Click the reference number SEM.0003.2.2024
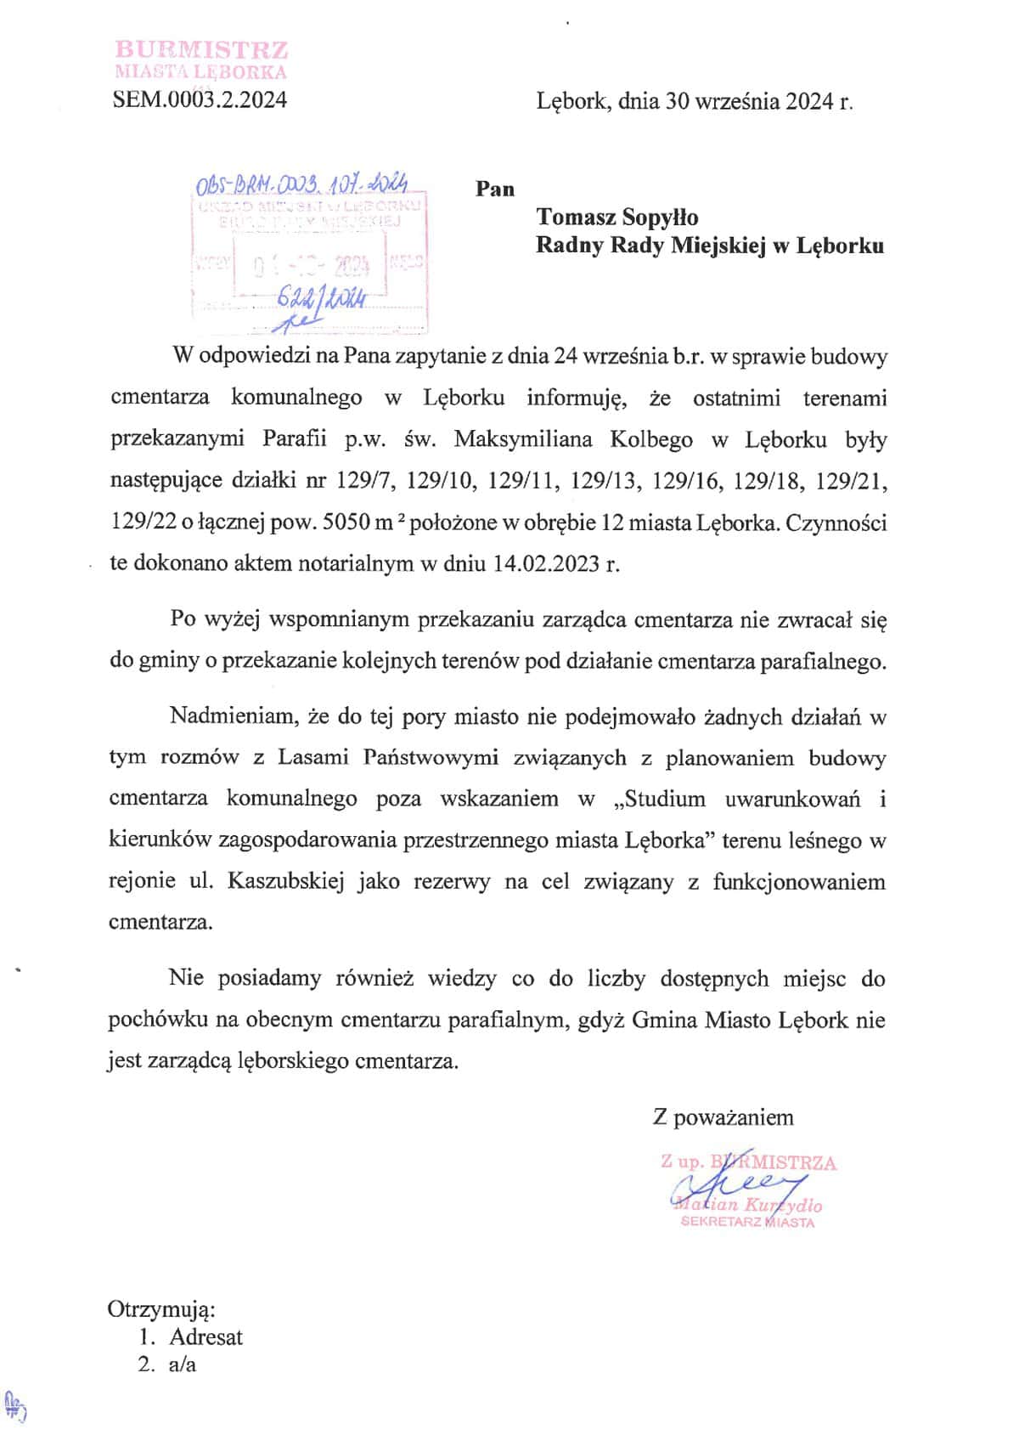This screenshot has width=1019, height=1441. coord(200,100)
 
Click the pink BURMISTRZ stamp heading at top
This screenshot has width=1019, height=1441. coord(201,50)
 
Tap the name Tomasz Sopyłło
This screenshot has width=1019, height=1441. coord(617,218)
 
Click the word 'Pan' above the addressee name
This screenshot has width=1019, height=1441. coord(495,189)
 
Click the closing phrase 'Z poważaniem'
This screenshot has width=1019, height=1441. coord(723,1117)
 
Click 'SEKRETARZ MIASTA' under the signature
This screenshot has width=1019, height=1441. coord(747,1223)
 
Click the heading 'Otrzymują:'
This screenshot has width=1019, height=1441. coord(161,1308)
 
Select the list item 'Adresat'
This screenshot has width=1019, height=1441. coord(205,1337)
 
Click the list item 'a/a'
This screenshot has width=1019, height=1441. coord(183,1365)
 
